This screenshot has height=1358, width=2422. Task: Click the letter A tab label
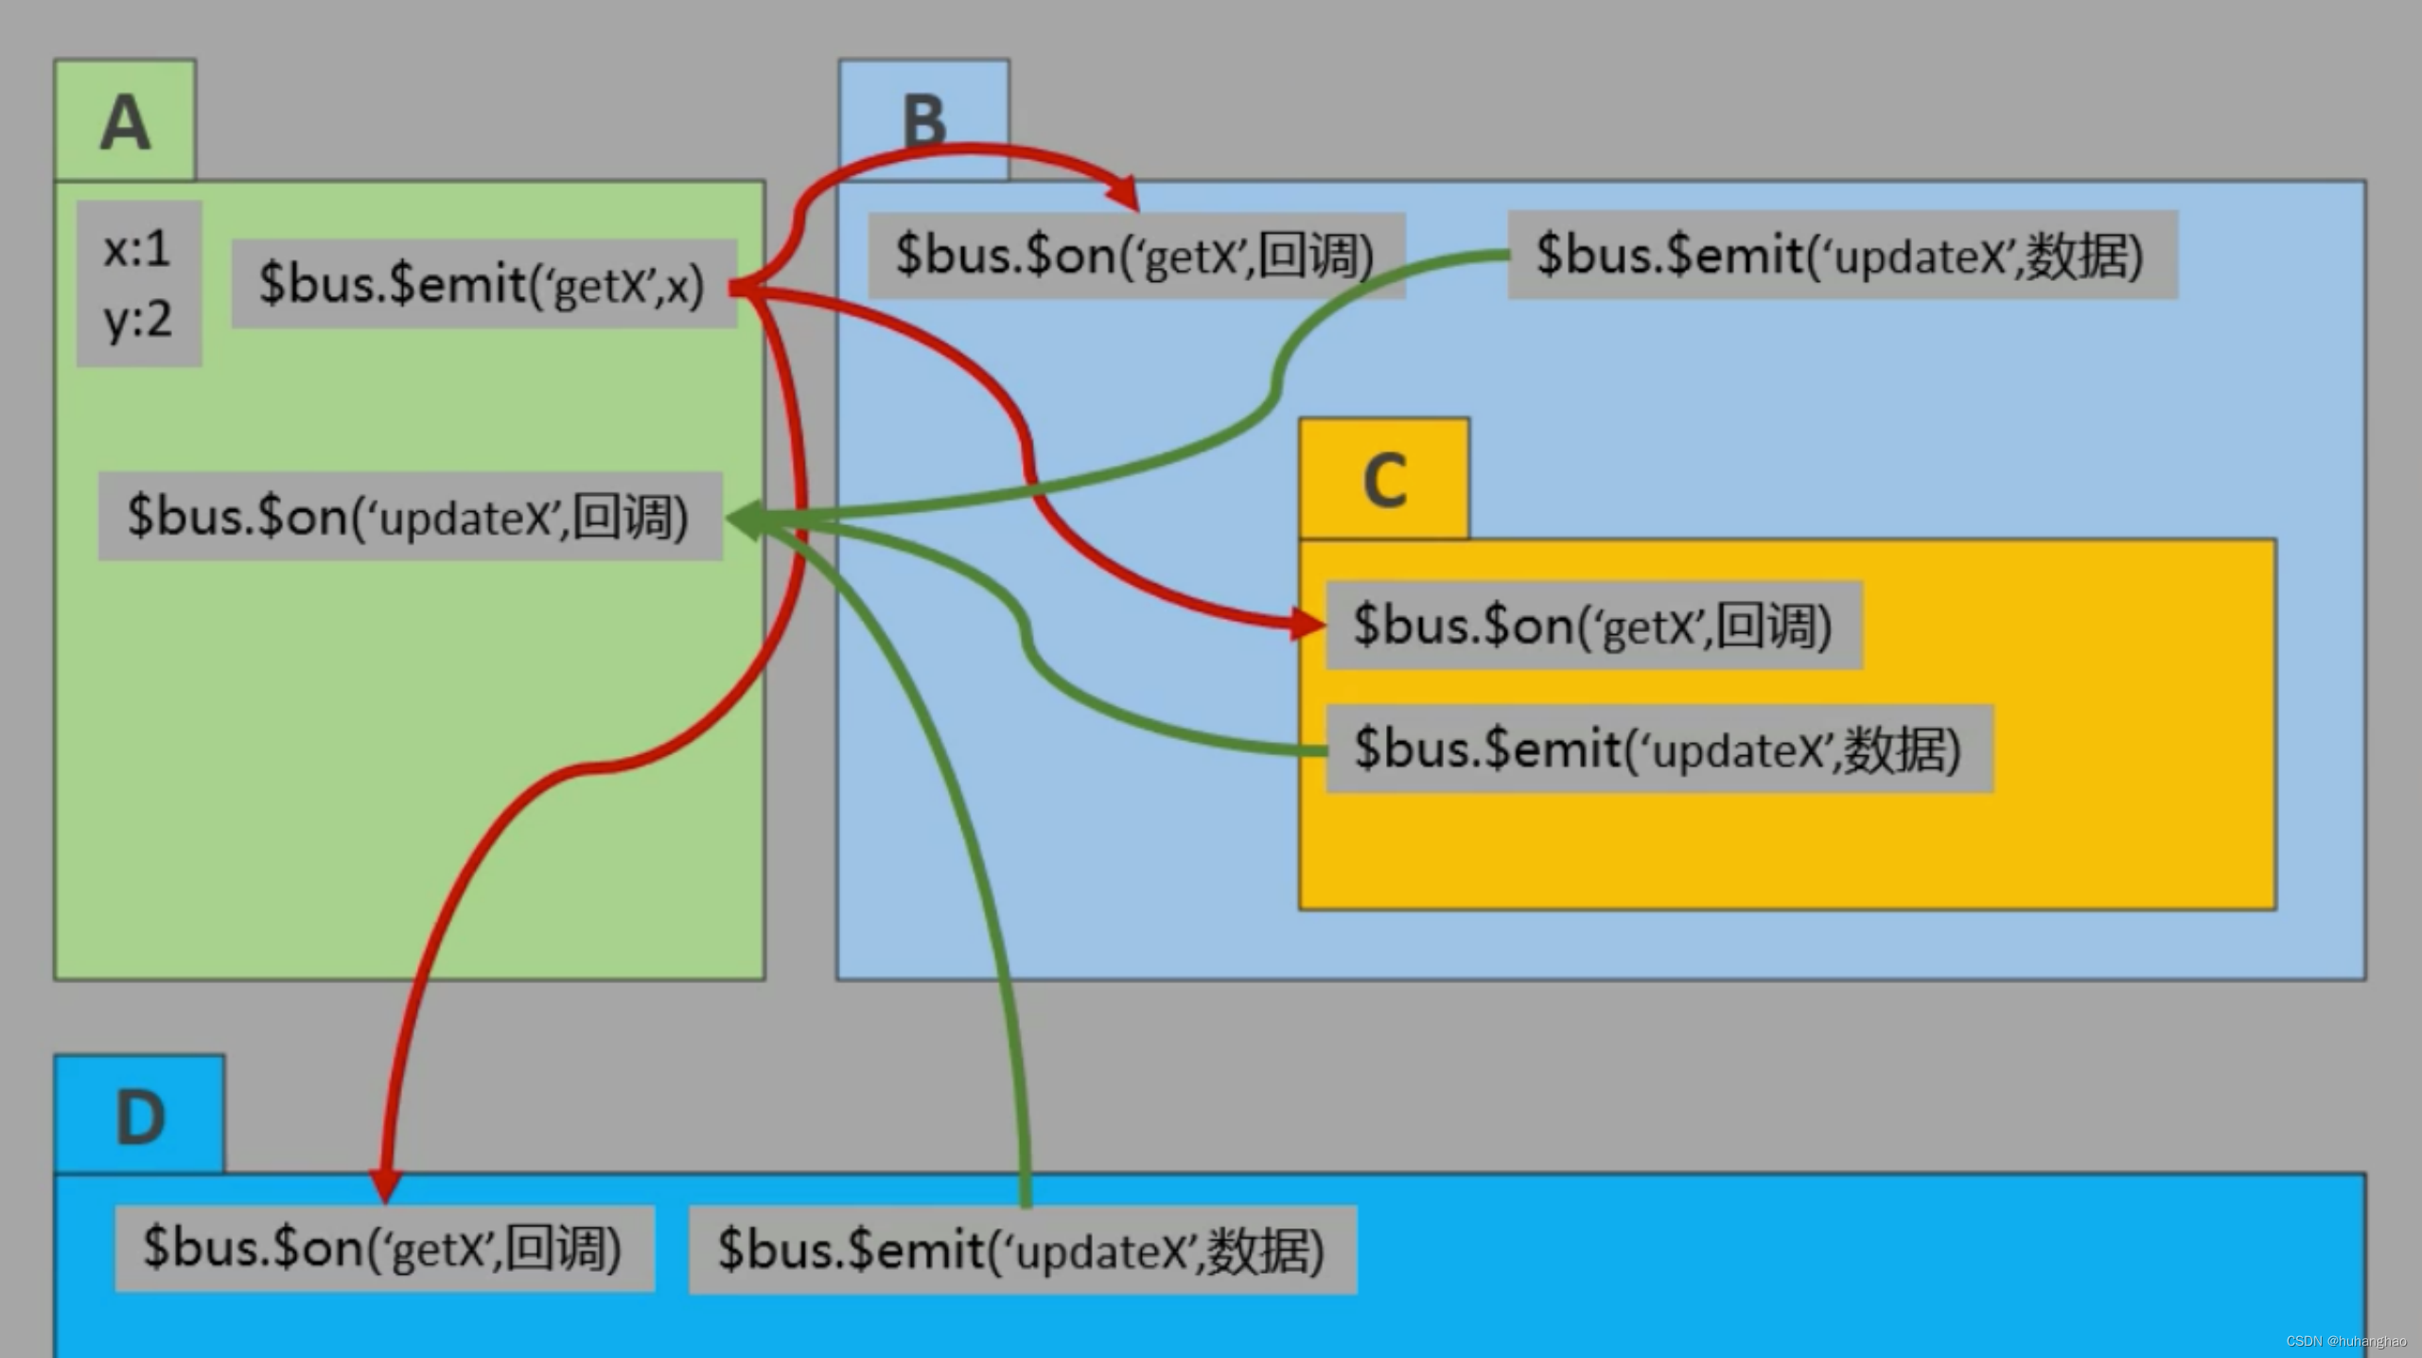125,123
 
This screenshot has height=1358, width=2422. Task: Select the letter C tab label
1384,481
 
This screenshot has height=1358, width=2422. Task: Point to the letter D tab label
140,1118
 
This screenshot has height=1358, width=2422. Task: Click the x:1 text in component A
137,249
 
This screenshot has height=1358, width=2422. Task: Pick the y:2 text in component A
137,320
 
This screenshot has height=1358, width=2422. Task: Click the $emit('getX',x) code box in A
483,284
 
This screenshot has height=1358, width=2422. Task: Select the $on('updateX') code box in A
409,517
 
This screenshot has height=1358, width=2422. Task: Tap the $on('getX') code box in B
1135,256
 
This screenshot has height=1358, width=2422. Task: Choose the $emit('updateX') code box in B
1840,256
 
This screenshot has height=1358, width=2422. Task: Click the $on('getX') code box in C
1593,626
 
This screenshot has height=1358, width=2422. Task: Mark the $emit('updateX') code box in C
1658,749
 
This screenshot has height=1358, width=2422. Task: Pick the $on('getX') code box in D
383,1248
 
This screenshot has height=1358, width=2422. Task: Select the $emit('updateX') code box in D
1022,1250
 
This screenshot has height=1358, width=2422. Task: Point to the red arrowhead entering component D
385,1184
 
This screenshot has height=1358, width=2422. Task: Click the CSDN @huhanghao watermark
2345,1341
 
